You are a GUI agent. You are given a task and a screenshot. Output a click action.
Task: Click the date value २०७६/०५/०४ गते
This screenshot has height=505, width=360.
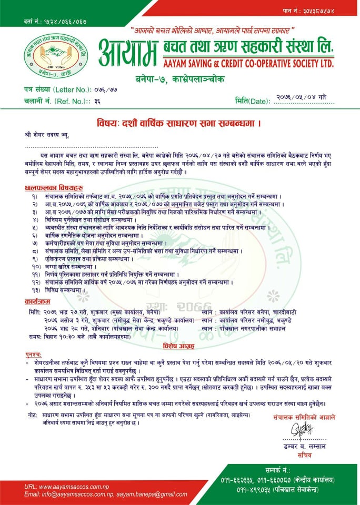(x=301, y=96)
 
